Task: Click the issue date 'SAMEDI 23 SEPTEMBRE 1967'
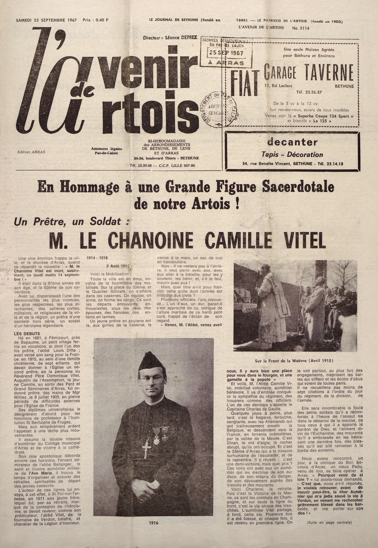coord(46,20)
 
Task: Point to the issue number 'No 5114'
coord(301,28)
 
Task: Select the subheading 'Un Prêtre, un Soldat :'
coord(71,222)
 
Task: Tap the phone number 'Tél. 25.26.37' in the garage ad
coord(309,92)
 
